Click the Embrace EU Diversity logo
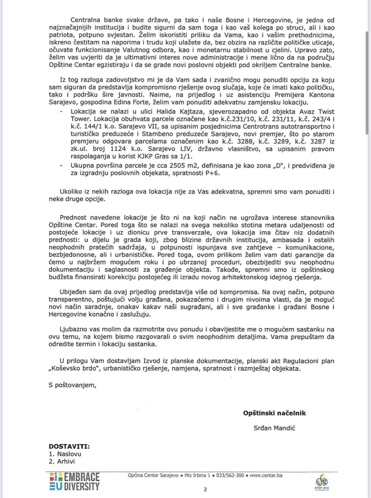click(74, 482)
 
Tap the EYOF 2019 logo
click(321, 482)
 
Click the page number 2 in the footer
click(205, 489)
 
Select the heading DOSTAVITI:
click(69, 446)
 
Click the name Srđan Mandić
click(274, 428)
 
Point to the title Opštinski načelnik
click(274, 413)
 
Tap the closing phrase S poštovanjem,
click(73, 385)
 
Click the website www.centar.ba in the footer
click(266, 475)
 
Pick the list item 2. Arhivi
click(62, 461)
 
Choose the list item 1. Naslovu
click(65, 454)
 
